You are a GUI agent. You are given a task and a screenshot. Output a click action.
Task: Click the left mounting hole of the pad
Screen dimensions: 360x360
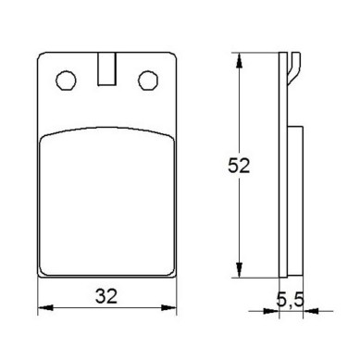click(66, 81)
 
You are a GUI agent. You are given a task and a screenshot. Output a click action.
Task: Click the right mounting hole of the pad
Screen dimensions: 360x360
click(148, 81)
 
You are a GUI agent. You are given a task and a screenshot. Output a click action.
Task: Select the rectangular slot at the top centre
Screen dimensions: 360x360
click(107, 68)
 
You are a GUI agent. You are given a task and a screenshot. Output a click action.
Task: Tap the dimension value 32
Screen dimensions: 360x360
click(106, 296)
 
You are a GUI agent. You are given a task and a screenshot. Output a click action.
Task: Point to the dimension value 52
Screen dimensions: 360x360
click(239, 166)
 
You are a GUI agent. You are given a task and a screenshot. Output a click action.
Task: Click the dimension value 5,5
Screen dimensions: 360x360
click(290, 300)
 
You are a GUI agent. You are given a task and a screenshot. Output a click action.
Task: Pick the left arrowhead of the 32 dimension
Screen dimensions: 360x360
click(45, 307)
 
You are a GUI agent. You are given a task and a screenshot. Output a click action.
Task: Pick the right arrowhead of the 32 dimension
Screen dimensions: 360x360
click(168, 307)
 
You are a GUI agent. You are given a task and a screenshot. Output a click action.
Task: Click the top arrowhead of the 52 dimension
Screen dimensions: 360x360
click(239, 60)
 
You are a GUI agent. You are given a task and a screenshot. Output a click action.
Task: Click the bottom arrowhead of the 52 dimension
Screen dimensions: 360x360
click(239, 270)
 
